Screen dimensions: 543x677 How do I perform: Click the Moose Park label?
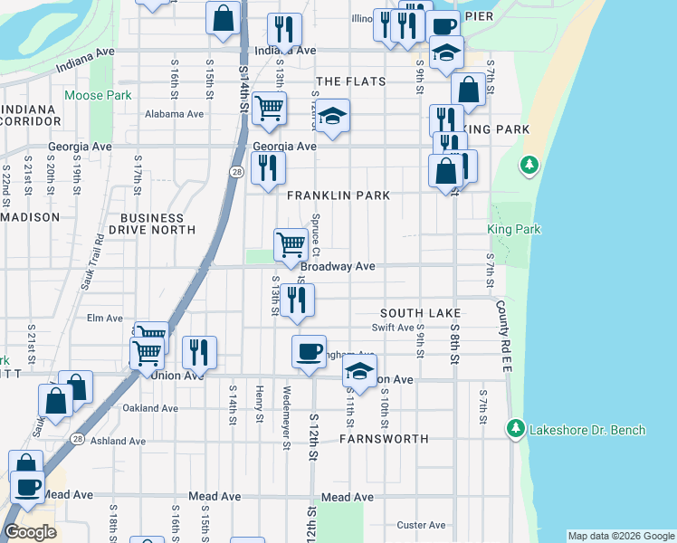[99, 95]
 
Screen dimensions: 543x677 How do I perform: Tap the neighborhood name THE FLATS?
[350, 81]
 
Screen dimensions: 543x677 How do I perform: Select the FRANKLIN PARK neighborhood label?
[338, 195]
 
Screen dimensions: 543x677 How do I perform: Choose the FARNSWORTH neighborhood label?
[384, 439]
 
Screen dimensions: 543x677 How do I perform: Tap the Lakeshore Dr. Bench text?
[587, 428]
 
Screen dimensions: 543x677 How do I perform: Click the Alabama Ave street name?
[175, 114]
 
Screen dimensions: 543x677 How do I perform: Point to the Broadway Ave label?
[338, 267]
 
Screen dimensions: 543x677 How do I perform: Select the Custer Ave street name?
[421, 525]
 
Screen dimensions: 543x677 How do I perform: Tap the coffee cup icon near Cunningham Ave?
[309, 350]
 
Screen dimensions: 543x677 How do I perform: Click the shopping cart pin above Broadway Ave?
[291, 243]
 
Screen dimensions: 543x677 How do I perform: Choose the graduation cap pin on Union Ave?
[359, 372]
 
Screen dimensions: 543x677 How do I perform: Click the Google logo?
[30, 532]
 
